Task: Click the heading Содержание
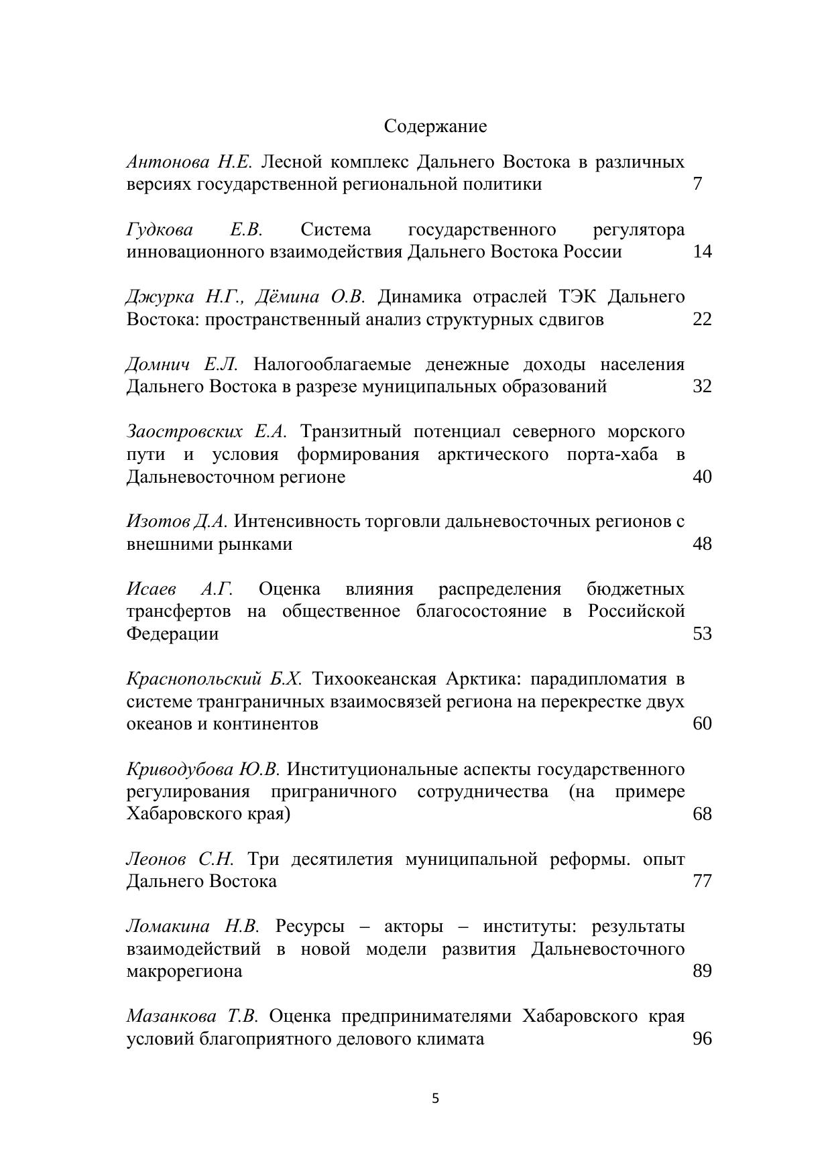pyautogui.click(x=435, y=126)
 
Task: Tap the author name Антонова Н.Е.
pyautogui.click(x=189, y=162)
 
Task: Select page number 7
pyautogui.click(x=697, y=184)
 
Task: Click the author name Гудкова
pyautogui.click(x=160, y=230)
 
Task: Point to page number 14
pyautogui.click(x=701, y=251)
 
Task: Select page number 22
pyautogui.click(x=701, y=319)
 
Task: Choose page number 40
pyautogui.click(x=701, y=477)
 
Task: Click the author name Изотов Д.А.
pyautogui.click(x=177, y=521)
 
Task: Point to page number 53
pyautogui.click(x=701, y=634)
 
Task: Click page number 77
pyautogui.click(x=701, y=881)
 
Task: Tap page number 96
pyautogui.click(x=701, y=1039)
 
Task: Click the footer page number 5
pyautogui.click(x=436, y=1098)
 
